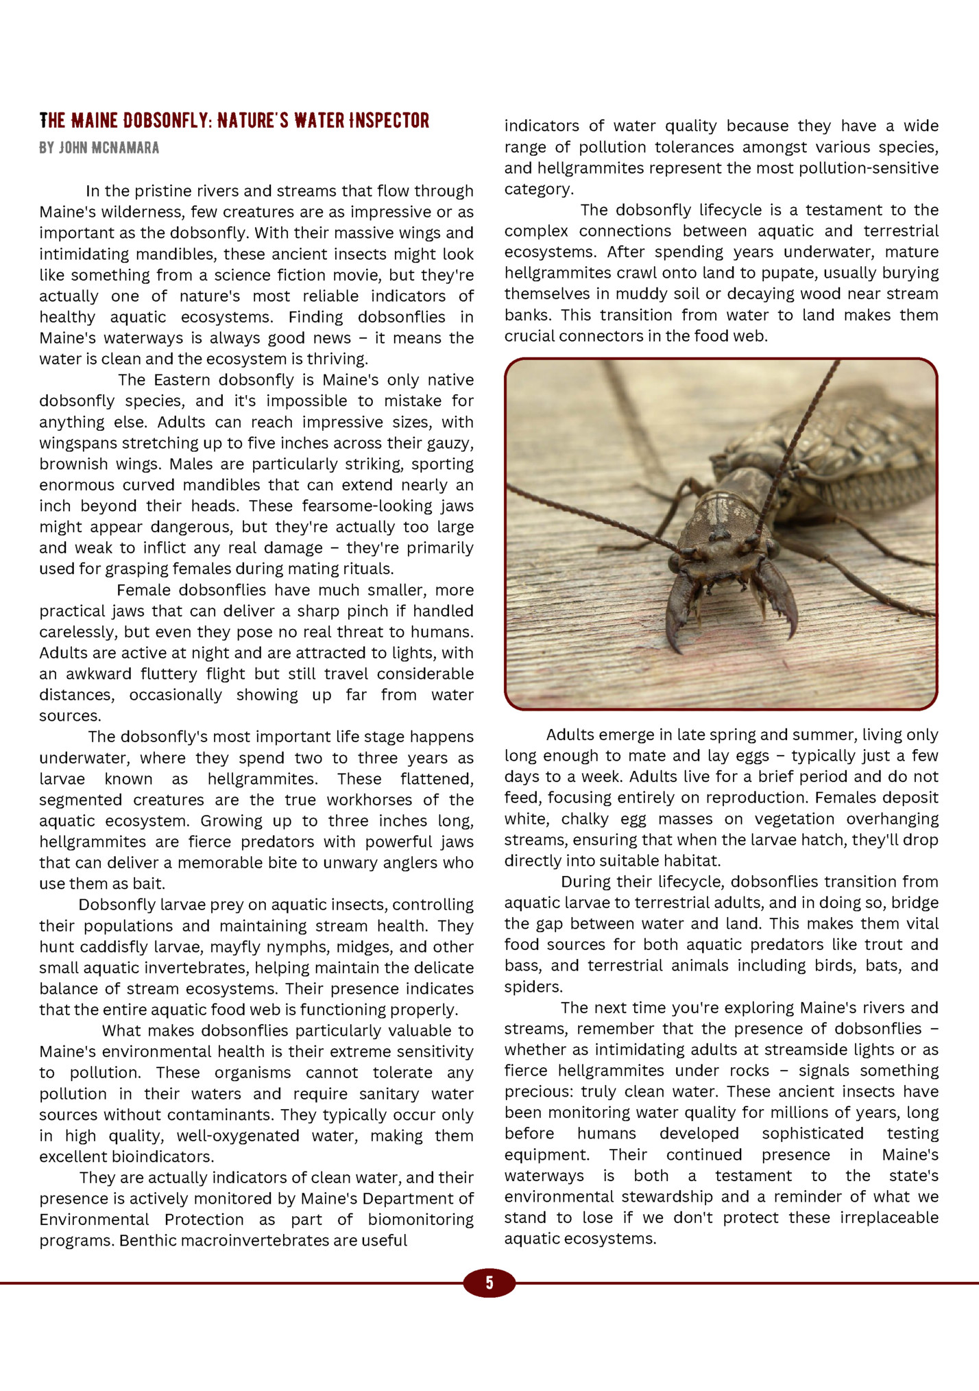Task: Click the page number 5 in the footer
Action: (489, 1283)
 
